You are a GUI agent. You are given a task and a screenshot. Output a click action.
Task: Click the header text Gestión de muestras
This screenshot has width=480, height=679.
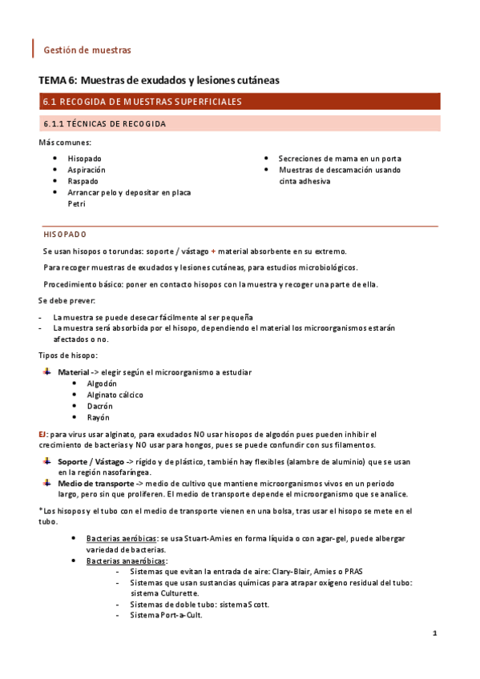click(x=87, y=50)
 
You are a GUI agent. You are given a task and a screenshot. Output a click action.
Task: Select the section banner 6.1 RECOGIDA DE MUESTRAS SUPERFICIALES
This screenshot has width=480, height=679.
click(x=140, y=102)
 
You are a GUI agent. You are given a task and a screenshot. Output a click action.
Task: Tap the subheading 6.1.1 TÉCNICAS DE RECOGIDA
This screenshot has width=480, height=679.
click(x=104, y=124)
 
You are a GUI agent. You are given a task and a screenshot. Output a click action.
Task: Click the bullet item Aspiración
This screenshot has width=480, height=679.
click(x=87, y=170)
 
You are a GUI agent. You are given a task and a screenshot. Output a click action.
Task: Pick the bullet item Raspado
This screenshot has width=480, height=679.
click(x=83, y=181)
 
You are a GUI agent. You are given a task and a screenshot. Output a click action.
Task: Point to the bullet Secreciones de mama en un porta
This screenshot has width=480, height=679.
click(x=340, y=159)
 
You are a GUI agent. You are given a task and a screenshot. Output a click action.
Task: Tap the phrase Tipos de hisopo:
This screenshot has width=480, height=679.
click(x=68, y=355)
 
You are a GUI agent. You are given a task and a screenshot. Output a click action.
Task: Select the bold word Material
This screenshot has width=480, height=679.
click(x=74, y=372)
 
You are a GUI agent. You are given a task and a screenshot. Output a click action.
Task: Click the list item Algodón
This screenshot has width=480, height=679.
click(x=102, y=384)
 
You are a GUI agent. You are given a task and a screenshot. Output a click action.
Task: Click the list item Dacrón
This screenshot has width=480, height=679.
click(x=100, y=406)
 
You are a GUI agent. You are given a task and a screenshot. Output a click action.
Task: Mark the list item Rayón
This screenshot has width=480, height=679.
click(x=99, y=417)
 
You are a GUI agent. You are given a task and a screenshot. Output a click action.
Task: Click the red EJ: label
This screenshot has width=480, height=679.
click(x=43, y=433)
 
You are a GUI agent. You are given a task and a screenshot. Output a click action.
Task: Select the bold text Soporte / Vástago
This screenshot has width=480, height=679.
click(x=91, y=462)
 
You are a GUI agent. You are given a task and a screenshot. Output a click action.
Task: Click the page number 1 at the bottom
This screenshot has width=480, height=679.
click(x=434, y=633)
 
